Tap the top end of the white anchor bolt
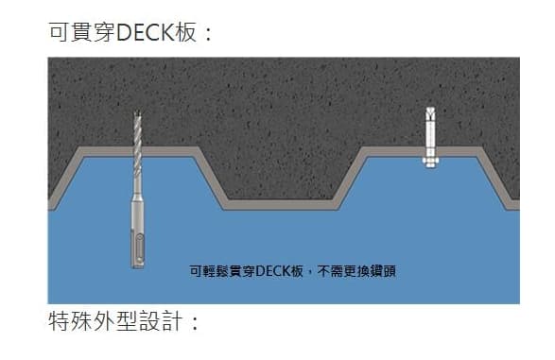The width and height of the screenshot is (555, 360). click(430, 111)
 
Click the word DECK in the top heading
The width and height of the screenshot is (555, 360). click(144, 33)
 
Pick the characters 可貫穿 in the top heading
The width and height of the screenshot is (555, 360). click(79, 33)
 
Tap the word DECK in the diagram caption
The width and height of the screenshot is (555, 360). click(273, 271)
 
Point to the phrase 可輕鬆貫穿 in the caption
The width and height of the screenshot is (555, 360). click(221, 271)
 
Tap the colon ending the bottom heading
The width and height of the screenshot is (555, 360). click(195, 323)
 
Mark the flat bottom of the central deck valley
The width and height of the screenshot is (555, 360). click(279, 203)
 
